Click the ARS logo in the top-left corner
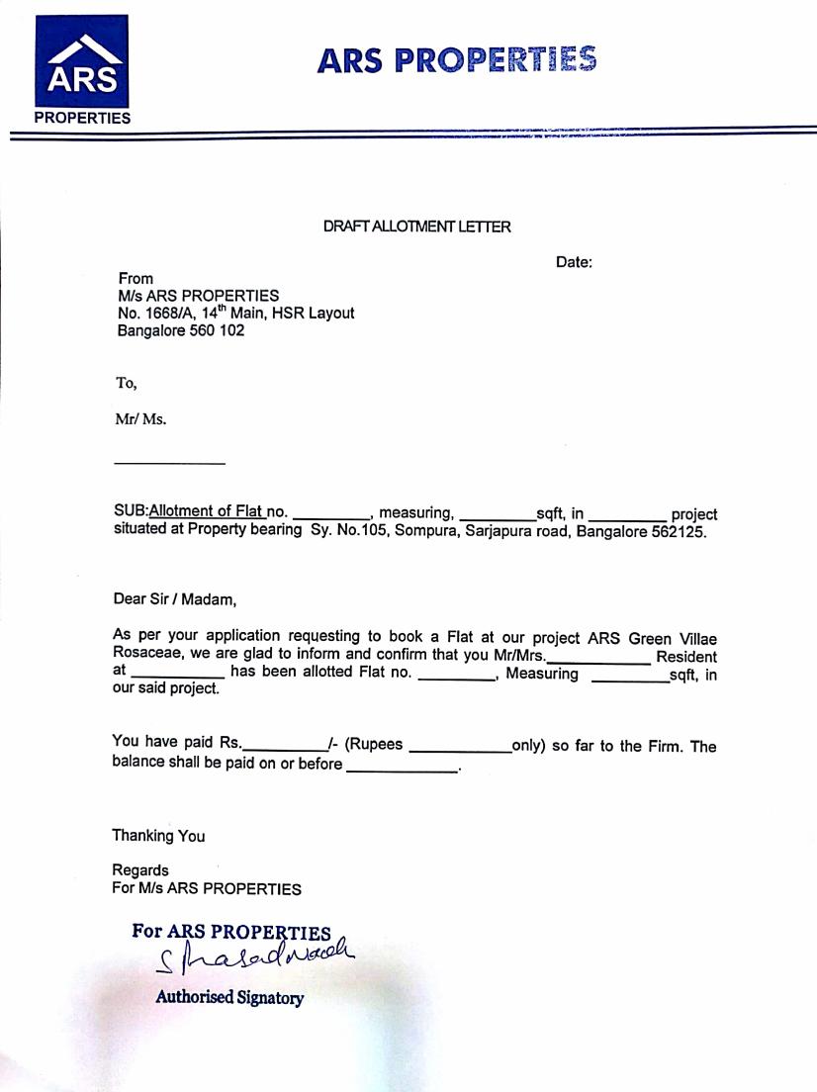(82, 69)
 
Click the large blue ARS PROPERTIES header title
(457, 60)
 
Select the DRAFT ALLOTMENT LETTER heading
(416, 227)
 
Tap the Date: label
(574, 262)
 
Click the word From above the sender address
(136, 279)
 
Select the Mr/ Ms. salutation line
(140, 418)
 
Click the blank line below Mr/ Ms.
(169, 463)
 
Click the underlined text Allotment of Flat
(206, 511)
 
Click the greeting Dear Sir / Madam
(174, 598)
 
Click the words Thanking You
(158, 836)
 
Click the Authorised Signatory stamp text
(229, 998)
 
